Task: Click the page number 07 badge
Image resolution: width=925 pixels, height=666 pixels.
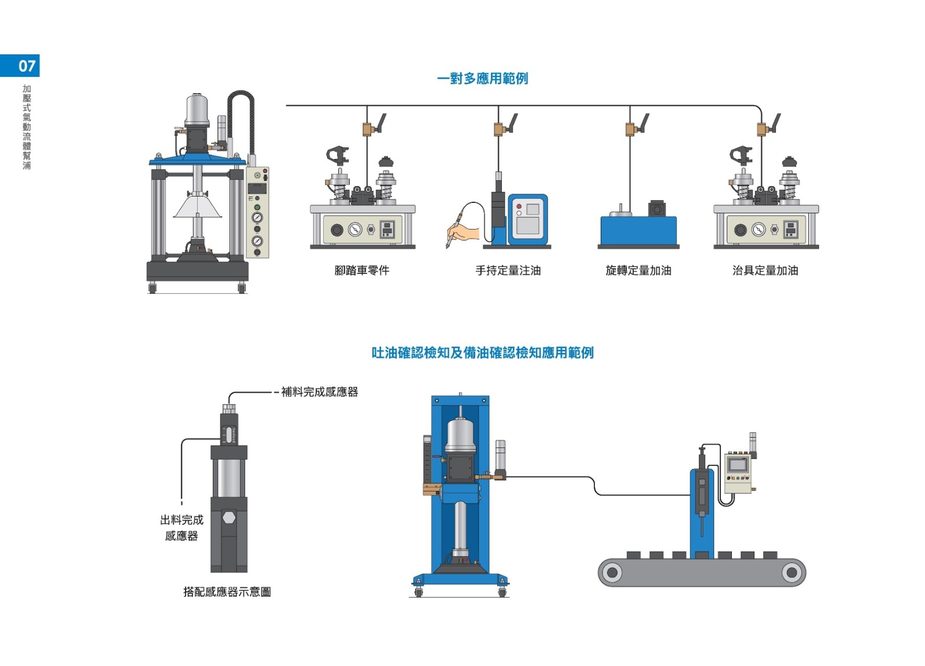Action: click(20, 65)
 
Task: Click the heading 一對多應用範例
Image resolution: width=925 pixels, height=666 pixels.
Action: click(482, 78)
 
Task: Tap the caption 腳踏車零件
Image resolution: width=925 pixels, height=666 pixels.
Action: click(362, 270)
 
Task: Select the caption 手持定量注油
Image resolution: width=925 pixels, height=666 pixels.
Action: click(508, 270)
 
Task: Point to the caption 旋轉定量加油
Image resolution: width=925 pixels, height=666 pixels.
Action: click(638, 270)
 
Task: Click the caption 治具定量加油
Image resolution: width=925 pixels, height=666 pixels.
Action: click(765, 270)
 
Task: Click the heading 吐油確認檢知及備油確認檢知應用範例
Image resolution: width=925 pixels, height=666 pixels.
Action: click(482, 353)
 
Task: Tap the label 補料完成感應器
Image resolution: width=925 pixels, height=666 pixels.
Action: click(319, 392)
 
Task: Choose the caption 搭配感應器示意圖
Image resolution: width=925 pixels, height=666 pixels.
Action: click(227, 591)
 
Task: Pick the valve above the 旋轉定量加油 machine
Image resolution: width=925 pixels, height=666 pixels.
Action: click(631, 128)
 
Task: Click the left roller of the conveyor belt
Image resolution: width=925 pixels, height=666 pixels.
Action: click(612, 572)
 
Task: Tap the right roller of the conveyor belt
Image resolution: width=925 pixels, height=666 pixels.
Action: click(791, 572)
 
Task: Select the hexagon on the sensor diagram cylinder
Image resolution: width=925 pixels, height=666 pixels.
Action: click(229, 517)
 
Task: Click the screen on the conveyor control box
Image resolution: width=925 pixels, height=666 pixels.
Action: click(738, 464)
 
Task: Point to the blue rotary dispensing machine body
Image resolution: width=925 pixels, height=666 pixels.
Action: click(638, 231)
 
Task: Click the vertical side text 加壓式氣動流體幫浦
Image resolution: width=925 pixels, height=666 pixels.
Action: click(27, 127)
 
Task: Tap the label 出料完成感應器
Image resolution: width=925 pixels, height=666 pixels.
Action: click(182, 527)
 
